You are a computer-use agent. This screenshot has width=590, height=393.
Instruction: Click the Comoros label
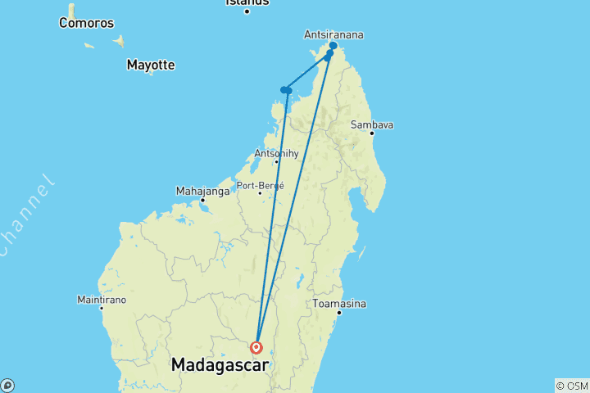85,23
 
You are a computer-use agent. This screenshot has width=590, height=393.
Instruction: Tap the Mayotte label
151,65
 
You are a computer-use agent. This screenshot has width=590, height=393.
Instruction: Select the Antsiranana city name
334,35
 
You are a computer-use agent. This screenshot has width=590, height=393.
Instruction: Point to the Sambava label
372,124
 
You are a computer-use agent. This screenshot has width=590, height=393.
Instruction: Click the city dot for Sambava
371,133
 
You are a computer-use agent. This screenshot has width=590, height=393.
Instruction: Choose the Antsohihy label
275,152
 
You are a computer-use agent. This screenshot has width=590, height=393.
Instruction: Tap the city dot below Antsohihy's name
276,161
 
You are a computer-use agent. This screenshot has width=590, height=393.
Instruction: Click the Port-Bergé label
260,185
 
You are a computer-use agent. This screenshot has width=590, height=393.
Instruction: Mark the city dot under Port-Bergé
260,193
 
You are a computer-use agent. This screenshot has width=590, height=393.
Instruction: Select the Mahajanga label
202,191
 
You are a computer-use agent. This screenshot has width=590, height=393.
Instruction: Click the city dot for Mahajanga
202,200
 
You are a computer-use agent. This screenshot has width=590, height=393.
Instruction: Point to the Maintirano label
102,300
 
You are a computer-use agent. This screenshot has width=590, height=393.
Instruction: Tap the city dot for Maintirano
102,308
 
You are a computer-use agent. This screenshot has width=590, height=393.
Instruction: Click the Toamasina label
338,304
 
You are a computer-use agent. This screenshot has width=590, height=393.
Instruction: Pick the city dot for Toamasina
338,312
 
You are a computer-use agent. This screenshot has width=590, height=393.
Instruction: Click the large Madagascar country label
220,365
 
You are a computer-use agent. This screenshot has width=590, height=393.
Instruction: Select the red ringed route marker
256,347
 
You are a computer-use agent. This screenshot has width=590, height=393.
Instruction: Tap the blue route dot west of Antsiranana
286,90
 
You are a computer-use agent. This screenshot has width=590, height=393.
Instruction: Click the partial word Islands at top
247,2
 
